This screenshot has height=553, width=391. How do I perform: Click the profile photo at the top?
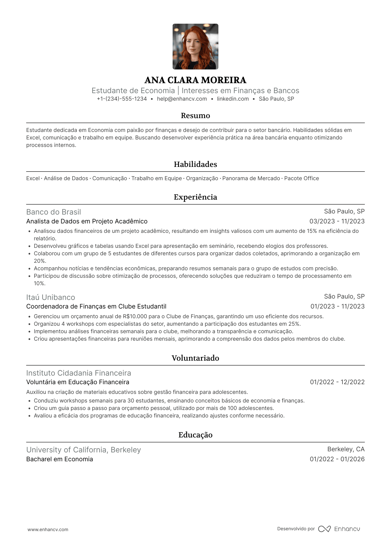[x=195, y=47]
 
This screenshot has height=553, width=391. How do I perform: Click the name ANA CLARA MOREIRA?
[x=195, y=80]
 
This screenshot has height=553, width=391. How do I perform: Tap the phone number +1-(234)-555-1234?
[x=122, y=99]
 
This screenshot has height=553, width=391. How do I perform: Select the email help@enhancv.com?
[x=182, y=99]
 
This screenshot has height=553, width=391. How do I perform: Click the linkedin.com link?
[x=233, y=99]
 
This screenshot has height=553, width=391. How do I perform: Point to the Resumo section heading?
[x=195, y=116]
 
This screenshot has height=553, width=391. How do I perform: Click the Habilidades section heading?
[x=195, y=164]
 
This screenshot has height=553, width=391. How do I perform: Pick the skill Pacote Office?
[x=301, y=179]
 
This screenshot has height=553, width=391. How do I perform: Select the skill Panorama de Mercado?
[x=251, y=179]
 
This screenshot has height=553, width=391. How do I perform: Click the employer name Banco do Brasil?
[x=54, y=212]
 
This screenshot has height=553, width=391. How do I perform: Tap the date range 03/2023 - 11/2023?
[x=337, y=221]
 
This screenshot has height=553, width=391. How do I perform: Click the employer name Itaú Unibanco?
[x=51, y=297]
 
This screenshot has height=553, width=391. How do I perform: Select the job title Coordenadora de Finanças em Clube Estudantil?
[x=96, y=307]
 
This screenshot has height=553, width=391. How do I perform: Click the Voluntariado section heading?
[x=195, y=358]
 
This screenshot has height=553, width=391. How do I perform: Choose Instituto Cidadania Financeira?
[x=78, y=373]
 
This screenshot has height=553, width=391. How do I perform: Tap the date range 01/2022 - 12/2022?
[x=337, y=382]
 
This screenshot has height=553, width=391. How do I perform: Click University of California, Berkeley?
[x=83, y=450]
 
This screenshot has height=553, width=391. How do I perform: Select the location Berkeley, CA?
[x=346, y=449]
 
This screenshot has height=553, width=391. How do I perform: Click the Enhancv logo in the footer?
[x=339, y=529]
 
